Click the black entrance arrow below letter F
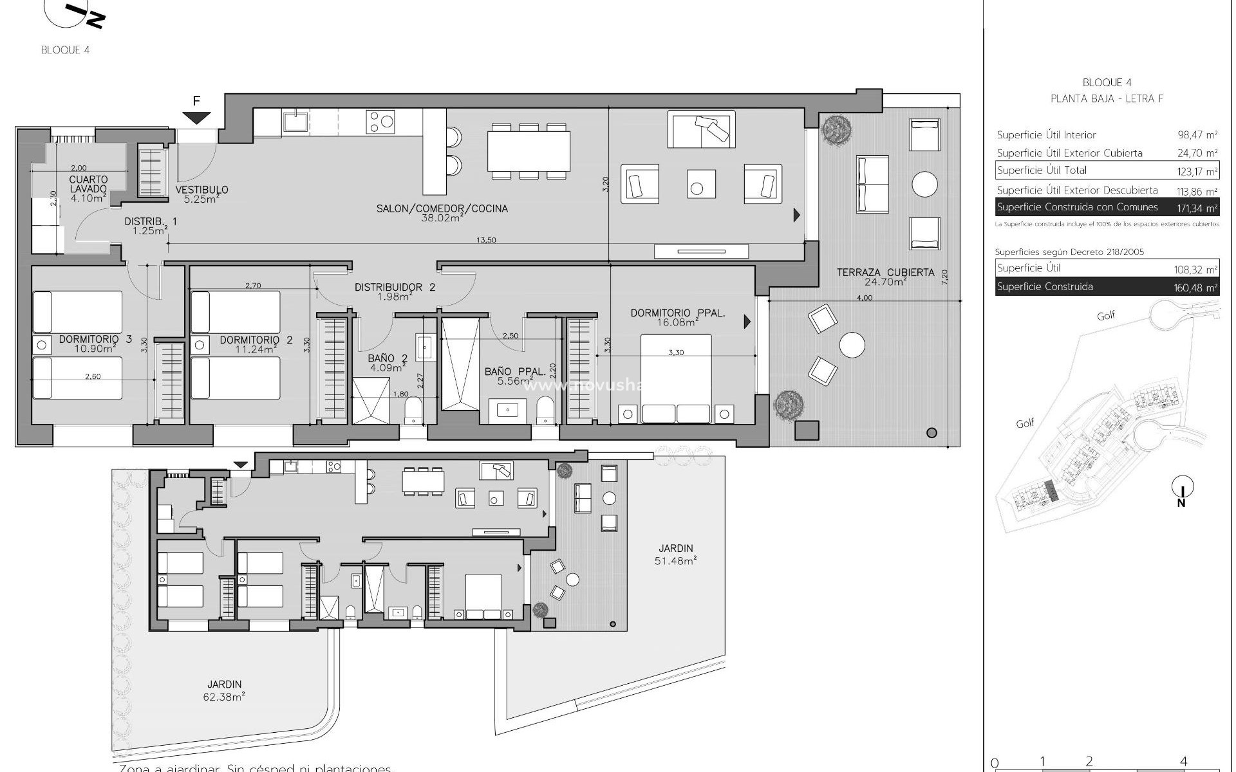click(x=196, y=118)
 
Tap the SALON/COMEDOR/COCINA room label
click(x=442, y=208)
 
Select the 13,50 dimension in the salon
click(x=486, y=240)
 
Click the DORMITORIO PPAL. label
click(x=678, y=313)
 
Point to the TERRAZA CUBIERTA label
click(x=885, y=273)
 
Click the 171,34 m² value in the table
click(x=1197, y=208)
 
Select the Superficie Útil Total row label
click(x=1041, y=170)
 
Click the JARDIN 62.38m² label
click(x=225, y=685)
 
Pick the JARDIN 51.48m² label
click(x=676, y=549)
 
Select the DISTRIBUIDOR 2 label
click(x=395, y=287)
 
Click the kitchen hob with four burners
click(x=380, y=122)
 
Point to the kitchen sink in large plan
click(x=295, y=120)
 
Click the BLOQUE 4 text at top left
click(x=65, y=50)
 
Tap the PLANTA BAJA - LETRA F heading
click(x=1107, y=98)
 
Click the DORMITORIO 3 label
click(x=95, y=339)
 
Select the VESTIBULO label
click(x=201, y=190)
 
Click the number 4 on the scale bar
click(x=1183, y=761)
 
